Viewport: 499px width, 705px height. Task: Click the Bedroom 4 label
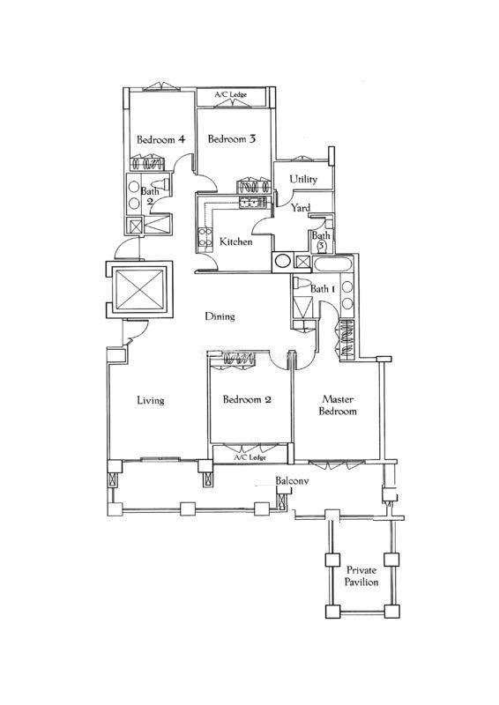(x=160, y=139)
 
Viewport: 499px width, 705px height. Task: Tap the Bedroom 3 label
(x=231, y=139)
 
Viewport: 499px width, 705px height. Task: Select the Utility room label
(x=303, y=179)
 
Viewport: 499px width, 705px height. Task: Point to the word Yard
(x=300, y=208)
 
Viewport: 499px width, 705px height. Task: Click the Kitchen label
(x=235, y=241)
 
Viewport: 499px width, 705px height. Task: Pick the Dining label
(x=220, y=316)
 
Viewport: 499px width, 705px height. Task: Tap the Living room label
(x=150, y=400)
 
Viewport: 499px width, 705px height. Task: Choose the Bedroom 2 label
(x=247, y=399)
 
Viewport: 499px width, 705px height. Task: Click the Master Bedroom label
(x=338, y=405)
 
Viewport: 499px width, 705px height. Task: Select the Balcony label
(x=292, y=480)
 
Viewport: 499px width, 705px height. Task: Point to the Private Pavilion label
(x=361, y=576)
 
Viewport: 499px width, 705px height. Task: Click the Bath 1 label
(x=322, y=289)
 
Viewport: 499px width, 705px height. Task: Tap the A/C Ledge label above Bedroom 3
(x=231, y=95)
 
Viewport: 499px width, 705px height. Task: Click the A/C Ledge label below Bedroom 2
(x=250, y=457)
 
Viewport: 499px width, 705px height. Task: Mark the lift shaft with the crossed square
(x=139, y=290)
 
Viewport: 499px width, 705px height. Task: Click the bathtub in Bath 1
(x=333, y=263)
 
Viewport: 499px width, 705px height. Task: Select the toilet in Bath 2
(x=160, y=183)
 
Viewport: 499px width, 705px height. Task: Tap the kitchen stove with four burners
(x=205, y=237)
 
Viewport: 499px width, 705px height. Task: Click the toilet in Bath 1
(x=302, y=283)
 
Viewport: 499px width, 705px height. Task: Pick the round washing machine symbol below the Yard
(x=283, y=261)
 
